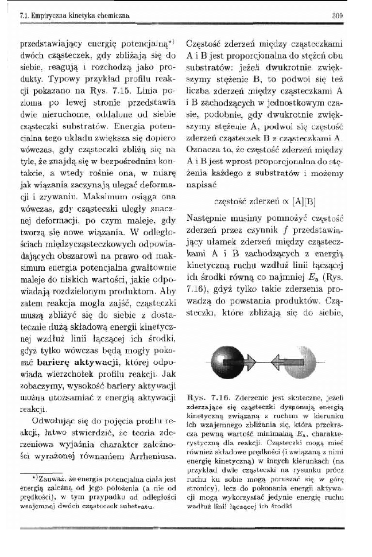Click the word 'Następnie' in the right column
[x=207, y=218]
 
